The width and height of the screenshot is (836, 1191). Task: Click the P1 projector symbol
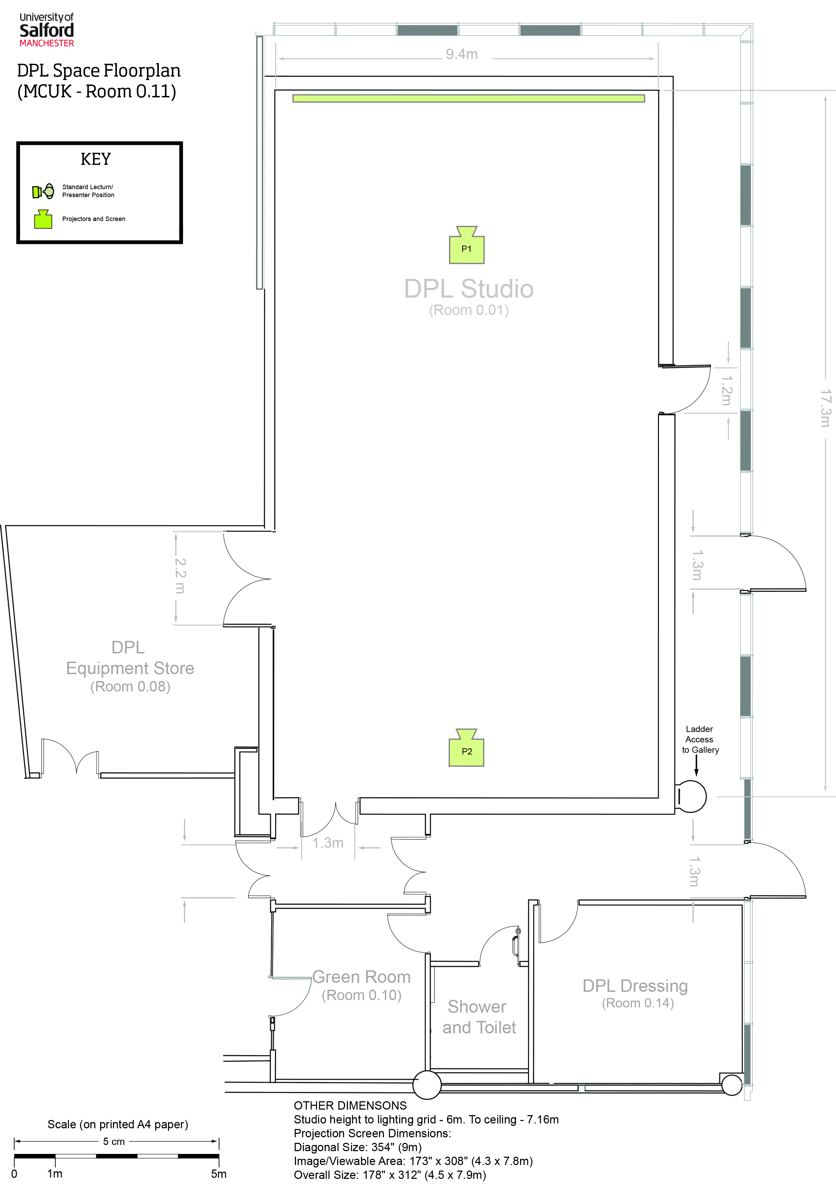point(467,245)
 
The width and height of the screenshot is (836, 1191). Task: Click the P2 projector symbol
point(467,748)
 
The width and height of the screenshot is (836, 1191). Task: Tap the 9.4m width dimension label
point(461,54)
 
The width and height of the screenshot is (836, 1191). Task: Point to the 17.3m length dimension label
point(825,408)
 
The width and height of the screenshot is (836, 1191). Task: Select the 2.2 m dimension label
point(179,576)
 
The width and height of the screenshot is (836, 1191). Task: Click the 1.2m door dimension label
point(727,390)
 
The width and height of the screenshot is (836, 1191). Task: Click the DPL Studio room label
point(469,296)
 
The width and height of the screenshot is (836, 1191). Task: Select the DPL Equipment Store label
point(130,667)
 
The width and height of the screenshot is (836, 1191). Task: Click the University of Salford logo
point(47,30)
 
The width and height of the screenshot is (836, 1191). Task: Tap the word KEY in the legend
point(96,159)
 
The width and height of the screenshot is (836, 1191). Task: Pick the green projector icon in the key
point(43,219)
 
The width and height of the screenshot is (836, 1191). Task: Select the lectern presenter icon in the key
point(43,192)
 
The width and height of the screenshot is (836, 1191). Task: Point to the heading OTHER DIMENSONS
point(350,1105)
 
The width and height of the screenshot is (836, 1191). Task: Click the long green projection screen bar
point(469,98)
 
